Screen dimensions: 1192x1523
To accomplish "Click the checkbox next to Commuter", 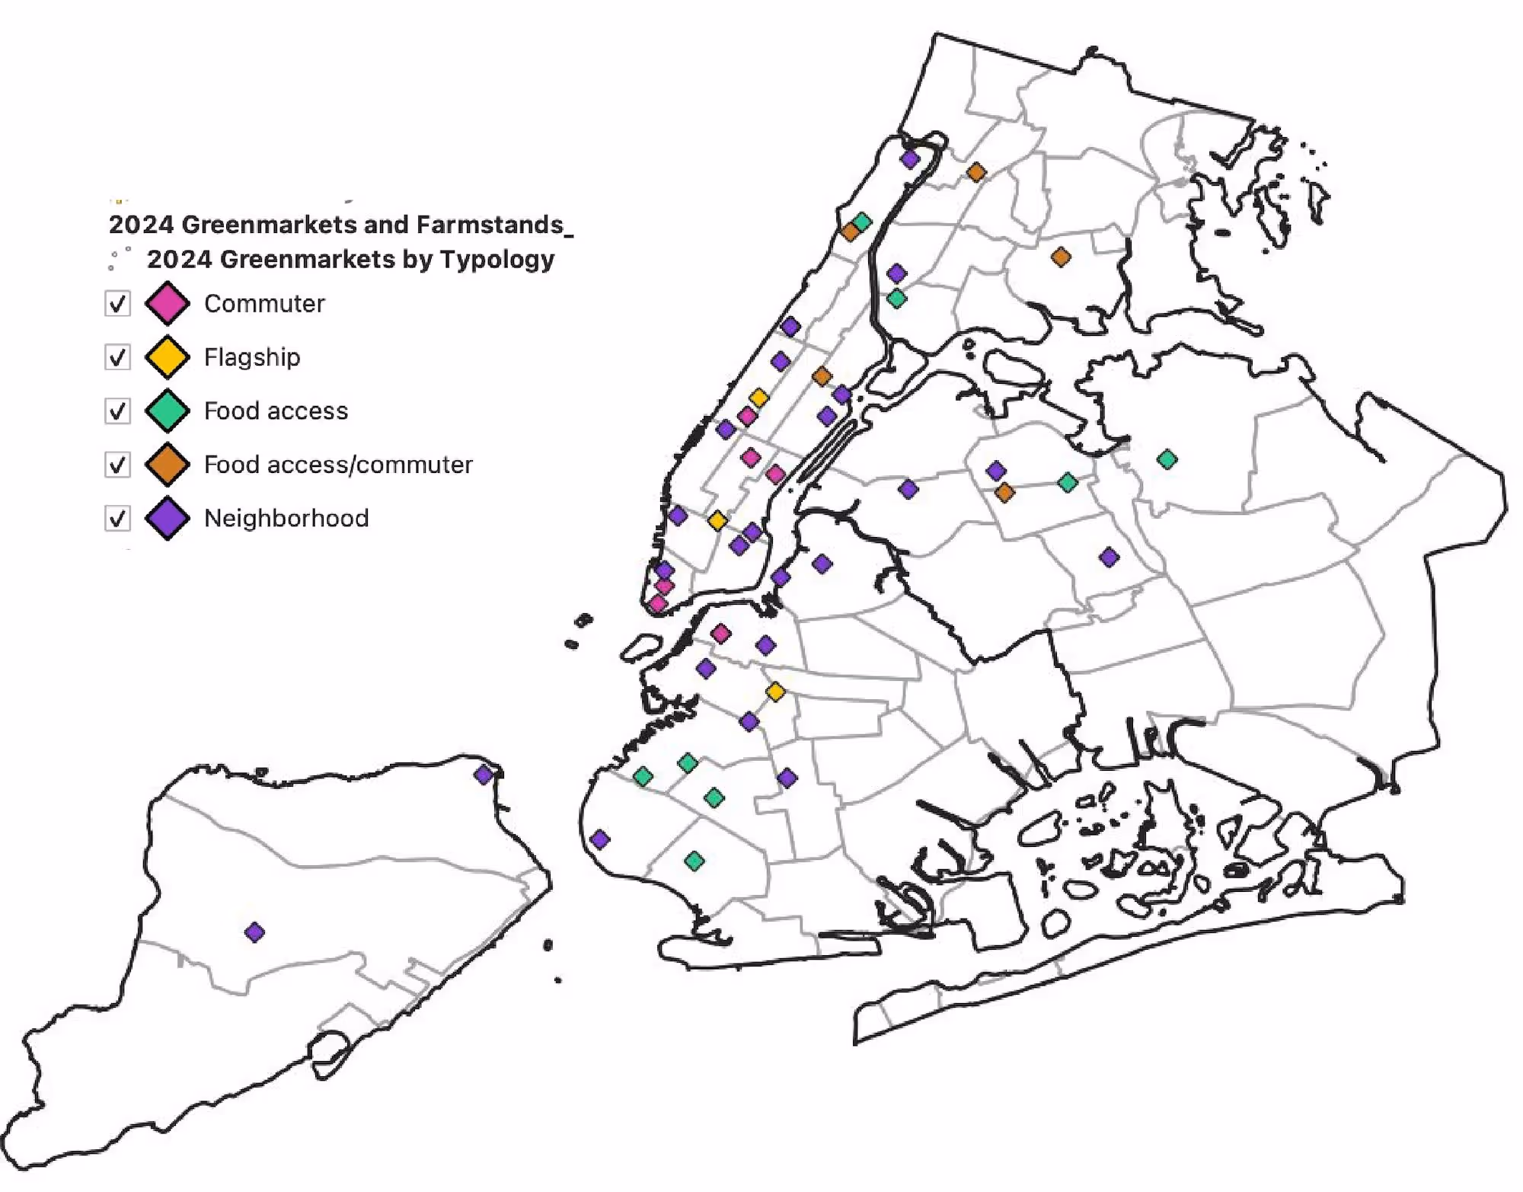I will (117, 303).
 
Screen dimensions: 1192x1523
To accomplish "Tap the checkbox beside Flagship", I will (117, 357).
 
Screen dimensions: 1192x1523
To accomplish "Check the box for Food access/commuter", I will (117, 465).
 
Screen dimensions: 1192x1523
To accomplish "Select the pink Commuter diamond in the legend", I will (168, 303).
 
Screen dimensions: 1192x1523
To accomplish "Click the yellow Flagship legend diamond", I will (168, 357).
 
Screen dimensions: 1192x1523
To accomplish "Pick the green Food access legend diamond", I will (168, 411).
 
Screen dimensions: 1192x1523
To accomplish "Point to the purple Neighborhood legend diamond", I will (168, 519).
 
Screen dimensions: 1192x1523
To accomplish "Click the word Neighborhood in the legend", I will (286, 519).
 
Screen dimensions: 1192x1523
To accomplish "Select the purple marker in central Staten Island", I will (255, 932).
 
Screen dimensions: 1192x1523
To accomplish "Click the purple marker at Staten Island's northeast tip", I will (484, 775).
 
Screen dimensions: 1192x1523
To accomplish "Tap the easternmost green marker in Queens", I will (1167, 459).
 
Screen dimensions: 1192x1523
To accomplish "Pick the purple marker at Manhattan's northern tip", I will (909, 159).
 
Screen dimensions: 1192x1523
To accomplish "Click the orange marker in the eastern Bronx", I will (1061, 257).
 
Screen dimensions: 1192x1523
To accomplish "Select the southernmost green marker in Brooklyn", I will (694, 861).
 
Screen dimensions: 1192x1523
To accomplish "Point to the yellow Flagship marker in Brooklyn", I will (775, 692).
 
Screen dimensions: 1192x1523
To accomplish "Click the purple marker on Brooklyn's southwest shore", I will (600, 839).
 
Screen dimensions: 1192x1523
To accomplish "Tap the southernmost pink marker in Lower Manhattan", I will (658, 604).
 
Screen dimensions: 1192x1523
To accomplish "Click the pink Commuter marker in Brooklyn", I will (721, 633).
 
